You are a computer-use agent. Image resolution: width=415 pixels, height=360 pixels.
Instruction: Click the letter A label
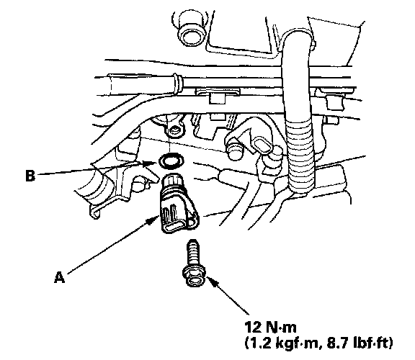(x=60, y=278)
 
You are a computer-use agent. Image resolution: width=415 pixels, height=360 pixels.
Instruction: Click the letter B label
(x=30, y=176)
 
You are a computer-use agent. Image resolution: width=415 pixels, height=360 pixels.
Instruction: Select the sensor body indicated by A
(x=179, y=209)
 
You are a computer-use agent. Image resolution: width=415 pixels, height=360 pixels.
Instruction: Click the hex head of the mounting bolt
(x=195, y=276)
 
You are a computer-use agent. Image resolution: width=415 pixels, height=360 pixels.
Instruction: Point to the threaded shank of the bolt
(x=193, y=253)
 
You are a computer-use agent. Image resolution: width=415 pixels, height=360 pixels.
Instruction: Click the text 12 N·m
(x=270, y=328)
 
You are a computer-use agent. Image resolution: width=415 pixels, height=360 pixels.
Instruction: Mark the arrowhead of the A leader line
(x=153, y=220)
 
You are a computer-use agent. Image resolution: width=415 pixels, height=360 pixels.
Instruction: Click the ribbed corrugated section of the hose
(x=301, y=156)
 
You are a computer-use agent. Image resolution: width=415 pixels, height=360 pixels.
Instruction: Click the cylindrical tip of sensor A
(x=172, y=181)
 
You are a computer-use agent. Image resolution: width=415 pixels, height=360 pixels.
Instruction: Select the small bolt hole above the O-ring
(x=174, y=130)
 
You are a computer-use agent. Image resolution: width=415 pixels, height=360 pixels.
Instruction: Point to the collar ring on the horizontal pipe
(x=177, y=82)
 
